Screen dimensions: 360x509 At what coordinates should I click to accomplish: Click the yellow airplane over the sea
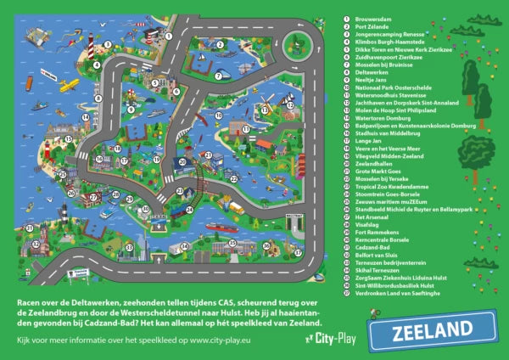(69, 85)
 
